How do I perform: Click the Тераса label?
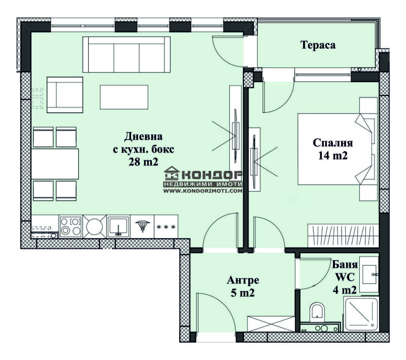pos(318,45)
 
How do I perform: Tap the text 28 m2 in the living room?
pos(143,162)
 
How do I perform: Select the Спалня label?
pos(333,143)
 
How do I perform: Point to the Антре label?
pos(243,280)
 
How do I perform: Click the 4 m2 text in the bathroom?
pos(345,290)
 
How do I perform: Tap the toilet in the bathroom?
pos(317,312)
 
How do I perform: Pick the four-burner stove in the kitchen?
pos(71,226)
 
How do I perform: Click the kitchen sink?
pos(118,226)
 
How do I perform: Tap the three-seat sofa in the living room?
pos(126,54)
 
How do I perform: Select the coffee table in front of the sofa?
pos(124,97)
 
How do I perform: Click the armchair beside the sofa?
pos(65,95)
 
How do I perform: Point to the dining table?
pos(55,163)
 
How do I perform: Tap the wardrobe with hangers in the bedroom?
pos(343,236)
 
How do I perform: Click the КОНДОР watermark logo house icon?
pos(172,173)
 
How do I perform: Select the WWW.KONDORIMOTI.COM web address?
pos(202,191)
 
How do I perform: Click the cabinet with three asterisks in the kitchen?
pos(166,226)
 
